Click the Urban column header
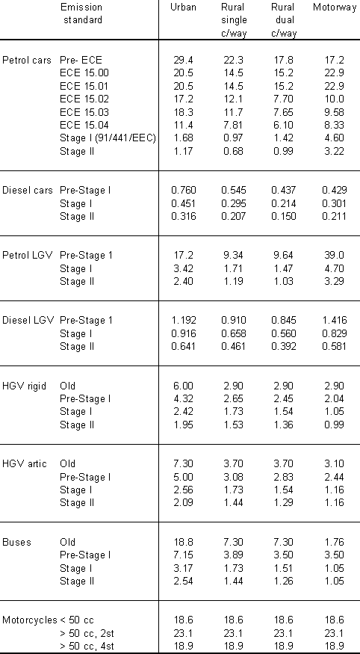tap(183, 7)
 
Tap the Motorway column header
tap(335, 7)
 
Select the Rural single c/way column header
tap(234, 20)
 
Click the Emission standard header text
tap(82, 13)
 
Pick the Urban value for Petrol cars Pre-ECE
tap(183, 60)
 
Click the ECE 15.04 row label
tap(84, 125)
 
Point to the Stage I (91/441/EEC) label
tap(108, 138)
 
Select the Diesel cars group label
tap(28, 190)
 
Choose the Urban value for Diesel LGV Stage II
tap(184, 346)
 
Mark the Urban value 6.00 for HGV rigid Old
tap(183, 386)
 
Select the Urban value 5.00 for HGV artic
tap(183, 477)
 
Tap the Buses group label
tap(16, 542)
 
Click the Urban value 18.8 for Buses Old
tap(183, 542)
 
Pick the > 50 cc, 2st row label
tap(87, 634)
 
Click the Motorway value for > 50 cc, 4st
tap(335, 647)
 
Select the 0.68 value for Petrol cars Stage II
tap(234, 151)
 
